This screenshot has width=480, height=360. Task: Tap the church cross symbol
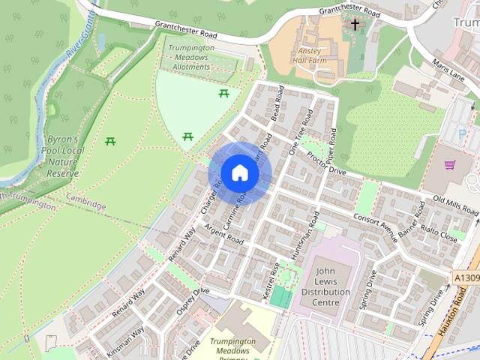(355, 25)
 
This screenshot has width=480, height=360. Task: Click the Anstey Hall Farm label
(309, 52)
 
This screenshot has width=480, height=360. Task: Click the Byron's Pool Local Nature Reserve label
(63, 157)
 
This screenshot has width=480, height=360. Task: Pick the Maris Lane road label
(448, 72)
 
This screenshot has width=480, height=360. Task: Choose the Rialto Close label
(439, 232)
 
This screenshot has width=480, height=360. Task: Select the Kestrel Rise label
(271, 282)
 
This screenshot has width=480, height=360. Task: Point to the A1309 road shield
(465, 277)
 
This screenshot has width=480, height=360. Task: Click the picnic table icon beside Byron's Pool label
(111, 141)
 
